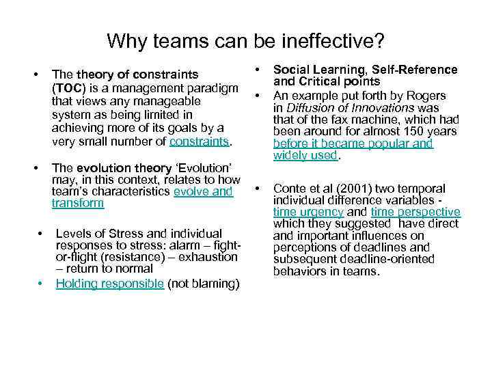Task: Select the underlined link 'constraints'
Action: [x=201, y=142]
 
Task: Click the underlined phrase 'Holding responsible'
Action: [x=109, y=284]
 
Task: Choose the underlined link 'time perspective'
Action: [x=415, y=213]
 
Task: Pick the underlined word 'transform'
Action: [x=77, y=203]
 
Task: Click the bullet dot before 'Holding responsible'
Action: [x=41, y=282]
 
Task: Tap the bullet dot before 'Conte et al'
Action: [x=258, y=187]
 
